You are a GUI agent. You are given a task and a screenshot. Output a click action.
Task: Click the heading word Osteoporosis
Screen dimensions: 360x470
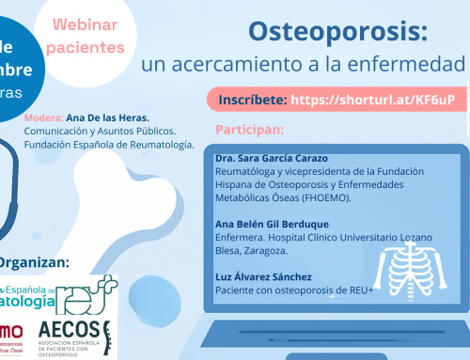[x=337, y=31]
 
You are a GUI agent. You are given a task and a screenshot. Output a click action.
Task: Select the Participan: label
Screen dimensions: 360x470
[x=249, y=127]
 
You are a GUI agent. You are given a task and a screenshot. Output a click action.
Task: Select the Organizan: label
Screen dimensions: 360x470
[x=34, y=261]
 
